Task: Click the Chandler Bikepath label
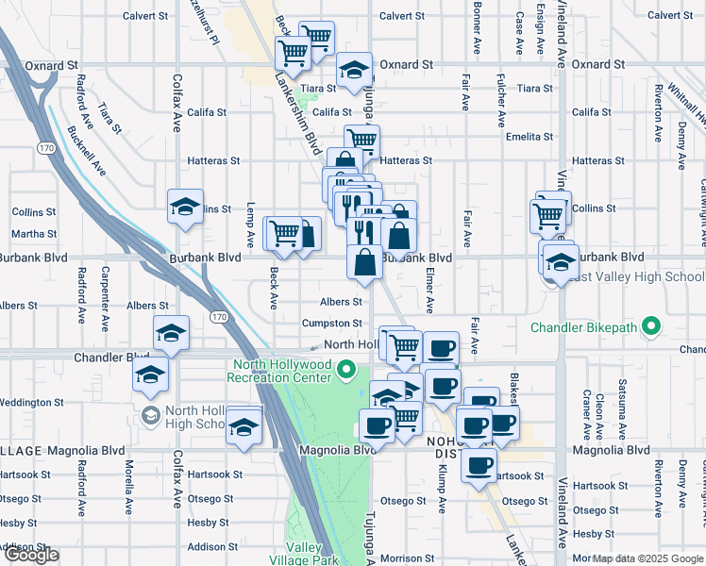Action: coord(584,328)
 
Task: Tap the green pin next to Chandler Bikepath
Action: coord(649,327)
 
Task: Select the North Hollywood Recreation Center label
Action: coord(279,371)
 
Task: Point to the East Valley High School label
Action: coord(636,276)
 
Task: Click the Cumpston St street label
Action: coord(331,324)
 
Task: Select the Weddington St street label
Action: coord(32,402)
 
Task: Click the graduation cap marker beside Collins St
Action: coord(186,207)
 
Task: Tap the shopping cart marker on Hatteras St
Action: coord(361,141)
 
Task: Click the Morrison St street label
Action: coord(408,558)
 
